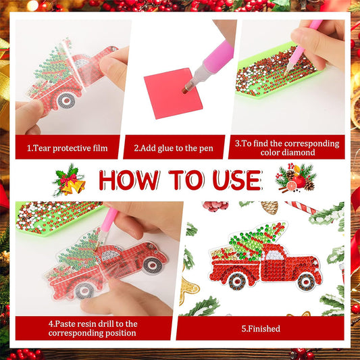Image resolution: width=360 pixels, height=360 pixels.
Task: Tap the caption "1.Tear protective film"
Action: tap(68, 147)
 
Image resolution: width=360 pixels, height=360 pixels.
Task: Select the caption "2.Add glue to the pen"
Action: tap(177, 147)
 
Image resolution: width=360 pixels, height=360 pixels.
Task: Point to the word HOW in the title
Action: tap(128, 180)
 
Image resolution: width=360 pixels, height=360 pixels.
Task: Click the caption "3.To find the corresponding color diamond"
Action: tap(288, 147)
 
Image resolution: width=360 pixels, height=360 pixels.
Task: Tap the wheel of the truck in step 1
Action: tap(66, 100)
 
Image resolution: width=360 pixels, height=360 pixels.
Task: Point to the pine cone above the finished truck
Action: tap(269, 207)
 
